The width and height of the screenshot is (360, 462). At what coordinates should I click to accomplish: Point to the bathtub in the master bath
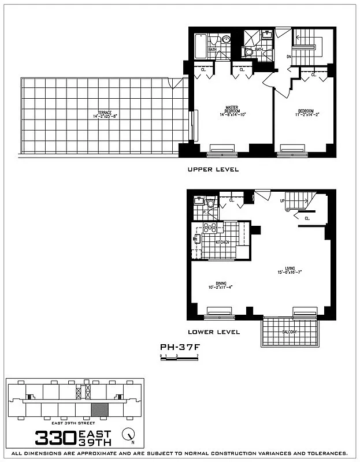pos(199,46)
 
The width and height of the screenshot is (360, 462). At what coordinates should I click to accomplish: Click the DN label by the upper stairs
pos(289,56)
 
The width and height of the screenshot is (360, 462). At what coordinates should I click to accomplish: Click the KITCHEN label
pos(222,243)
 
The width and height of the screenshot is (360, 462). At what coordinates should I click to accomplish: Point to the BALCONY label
pos(290,332)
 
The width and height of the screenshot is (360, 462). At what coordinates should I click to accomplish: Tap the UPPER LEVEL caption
pos(212,170)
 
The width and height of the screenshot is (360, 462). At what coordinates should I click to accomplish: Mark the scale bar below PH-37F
pos(179,357)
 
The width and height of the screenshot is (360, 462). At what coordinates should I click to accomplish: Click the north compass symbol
pos(131,434)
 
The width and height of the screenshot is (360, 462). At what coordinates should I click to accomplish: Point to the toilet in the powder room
pos(211,203)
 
